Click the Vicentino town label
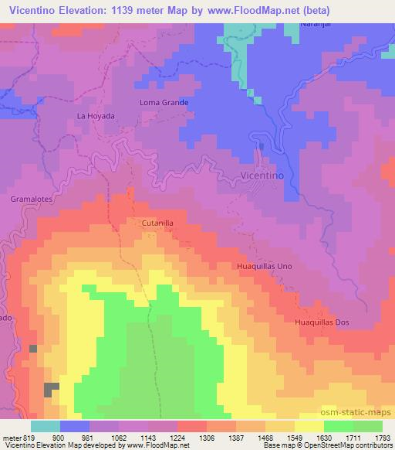point(264,176)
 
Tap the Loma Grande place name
point(164,102)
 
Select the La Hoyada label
point(96,116)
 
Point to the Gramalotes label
point(31,199)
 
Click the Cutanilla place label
point(157,223)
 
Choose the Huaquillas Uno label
point(264,266)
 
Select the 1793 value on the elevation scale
point(383,437)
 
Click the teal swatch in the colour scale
point(45,426)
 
